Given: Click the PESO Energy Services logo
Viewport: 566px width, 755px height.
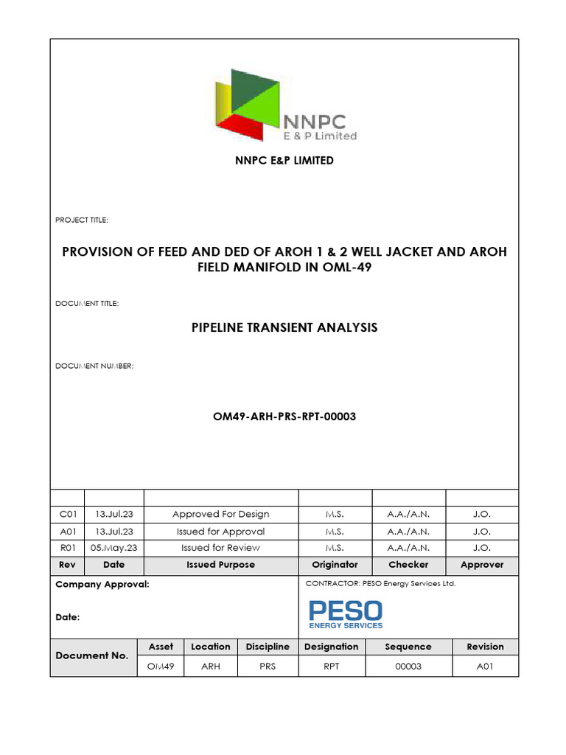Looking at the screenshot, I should point(345,613).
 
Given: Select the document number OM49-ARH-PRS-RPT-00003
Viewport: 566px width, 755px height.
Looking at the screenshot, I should point(284,417).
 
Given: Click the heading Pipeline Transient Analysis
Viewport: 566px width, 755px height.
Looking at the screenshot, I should point(284,327).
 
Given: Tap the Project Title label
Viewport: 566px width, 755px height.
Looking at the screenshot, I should point(82,220).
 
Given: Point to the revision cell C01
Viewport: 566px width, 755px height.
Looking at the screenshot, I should point(67,514).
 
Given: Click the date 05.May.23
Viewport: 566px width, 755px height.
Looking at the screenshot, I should point(114,548).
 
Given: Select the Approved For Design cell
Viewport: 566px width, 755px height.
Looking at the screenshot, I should point(220,514).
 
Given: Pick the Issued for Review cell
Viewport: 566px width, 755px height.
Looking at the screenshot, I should point(220,548).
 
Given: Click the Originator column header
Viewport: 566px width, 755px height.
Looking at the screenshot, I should point(335,565).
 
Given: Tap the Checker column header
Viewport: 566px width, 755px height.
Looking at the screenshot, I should point(408,565).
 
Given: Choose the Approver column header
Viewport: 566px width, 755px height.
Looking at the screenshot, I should point(482,565).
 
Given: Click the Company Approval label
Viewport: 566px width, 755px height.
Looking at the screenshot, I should point(102,584).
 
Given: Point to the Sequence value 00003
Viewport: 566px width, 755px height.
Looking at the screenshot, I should point(408,667).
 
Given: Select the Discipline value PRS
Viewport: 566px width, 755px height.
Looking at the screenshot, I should point(268,667).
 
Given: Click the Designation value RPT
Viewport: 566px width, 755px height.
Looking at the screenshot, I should point(331,667).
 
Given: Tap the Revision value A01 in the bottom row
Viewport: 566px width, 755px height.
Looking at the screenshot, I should point(485,667).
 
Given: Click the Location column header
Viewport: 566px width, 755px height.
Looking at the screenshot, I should point(211,647).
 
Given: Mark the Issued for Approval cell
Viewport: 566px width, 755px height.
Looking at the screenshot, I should point(220,531).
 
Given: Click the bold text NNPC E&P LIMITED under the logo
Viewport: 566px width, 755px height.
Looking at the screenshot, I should point(284,160).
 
